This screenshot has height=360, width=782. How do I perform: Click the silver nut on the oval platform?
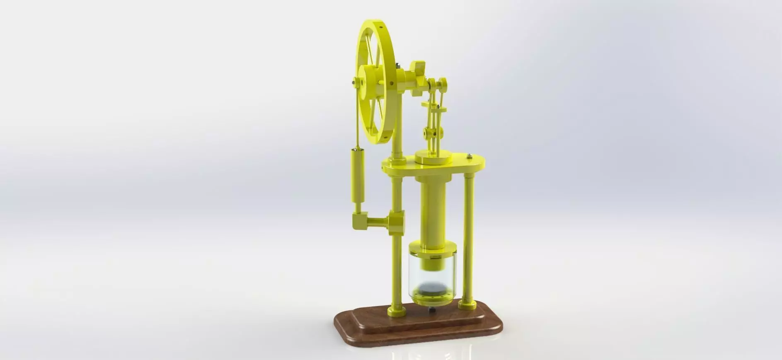tap(470, 155)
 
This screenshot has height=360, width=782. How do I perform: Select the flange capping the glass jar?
tap(433, 251)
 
